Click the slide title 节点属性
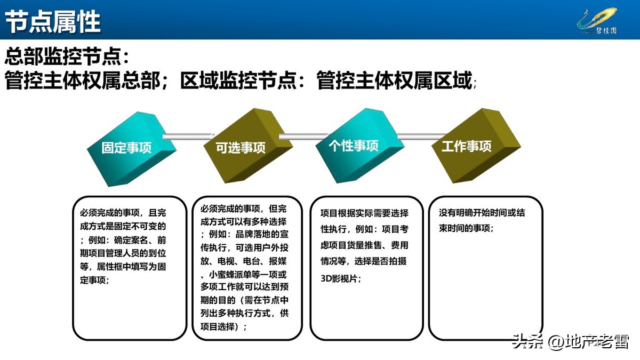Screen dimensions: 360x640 point(53,21)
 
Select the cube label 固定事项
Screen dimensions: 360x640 point(126,148)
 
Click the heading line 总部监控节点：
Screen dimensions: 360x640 point(67,56)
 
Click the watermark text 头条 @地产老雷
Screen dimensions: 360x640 point(570,341)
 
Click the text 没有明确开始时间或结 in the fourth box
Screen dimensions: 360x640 point(482,213)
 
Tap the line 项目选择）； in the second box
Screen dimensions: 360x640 point(224,326)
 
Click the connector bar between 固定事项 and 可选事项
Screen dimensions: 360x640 point(187,137)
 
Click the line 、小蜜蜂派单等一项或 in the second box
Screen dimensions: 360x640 point(244,275)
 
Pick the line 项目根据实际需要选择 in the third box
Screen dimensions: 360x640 point(364,213)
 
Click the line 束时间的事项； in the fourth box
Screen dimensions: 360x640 point(466,228)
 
